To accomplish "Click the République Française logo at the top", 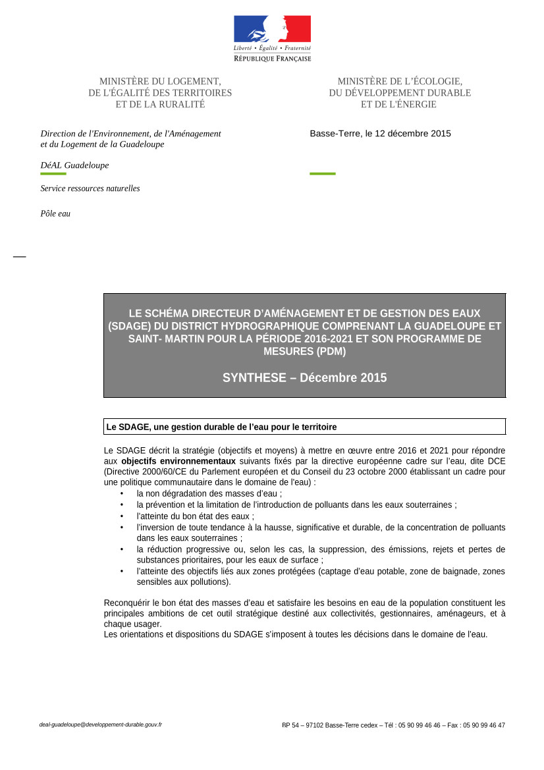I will [272, 38].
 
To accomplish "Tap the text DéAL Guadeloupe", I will [74, 165].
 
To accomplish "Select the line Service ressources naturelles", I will [90, 188].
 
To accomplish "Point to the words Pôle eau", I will [55, 213].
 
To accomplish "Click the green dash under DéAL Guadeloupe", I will [53, 174].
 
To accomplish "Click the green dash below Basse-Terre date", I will [322, 174].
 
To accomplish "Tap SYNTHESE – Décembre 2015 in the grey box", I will [304, 378].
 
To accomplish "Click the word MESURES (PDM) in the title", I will [304, 352].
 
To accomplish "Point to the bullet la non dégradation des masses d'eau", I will [209, 493].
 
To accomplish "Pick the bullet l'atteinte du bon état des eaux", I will [195, 516].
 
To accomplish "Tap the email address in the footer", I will [101, 725].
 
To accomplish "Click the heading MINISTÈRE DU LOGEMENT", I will [160, 81].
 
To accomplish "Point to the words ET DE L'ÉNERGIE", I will [398, 104].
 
